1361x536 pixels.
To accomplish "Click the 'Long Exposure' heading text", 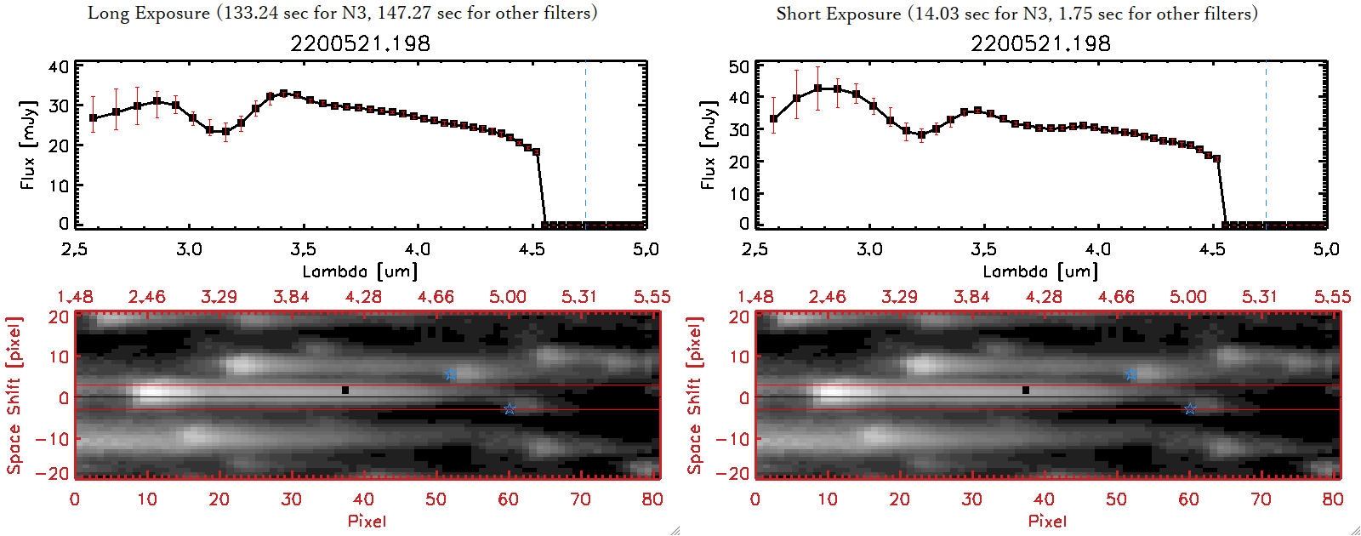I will coord(149,13).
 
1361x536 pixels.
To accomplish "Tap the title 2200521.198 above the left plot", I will coord(360,43).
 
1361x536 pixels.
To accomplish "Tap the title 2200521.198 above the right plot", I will coord(1040,43).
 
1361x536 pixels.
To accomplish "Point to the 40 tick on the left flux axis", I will coord(59,67).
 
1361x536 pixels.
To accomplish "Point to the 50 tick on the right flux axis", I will coord(739,67).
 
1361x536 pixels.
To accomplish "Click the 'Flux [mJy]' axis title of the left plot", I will coord(28,145).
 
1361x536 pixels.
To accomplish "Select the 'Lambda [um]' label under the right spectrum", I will coord(1040,271).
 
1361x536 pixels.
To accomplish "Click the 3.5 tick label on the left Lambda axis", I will coord(303,249).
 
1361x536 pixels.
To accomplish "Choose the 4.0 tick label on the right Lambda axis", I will coord(1097,249).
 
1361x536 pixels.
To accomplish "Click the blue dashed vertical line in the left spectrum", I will coord(585,145).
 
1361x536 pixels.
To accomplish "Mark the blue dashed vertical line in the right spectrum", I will coord(1266,145).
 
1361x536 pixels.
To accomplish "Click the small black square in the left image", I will coord(345,391).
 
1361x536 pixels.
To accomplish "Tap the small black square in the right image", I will coord(1026,391).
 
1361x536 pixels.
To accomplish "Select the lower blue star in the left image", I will coord(509,409).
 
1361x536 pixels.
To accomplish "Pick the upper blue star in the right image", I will coord(1130,375).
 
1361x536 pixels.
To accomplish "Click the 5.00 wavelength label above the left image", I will coord(508,297).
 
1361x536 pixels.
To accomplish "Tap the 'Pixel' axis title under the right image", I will coord(1047,521).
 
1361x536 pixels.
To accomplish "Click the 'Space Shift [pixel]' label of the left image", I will coord(14,396).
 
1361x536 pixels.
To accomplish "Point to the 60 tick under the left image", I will coord(509,499).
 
